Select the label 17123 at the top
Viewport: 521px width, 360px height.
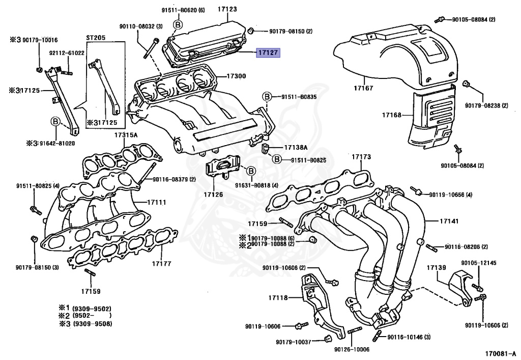click(x=227, y=9)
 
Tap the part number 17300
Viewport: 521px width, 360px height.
click(x=236, y=76)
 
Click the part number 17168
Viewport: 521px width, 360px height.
click(x=392, y=115)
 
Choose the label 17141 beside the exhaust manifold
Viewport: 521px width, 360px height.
click(x=435, y=221)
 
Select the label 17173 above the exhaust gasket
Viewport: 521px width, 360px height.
click(x=362, y=158)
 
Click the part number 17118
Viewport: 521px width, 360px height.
click(x=278, y=297)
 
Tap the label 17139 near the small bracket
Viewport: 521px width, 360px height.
click(x=436, y=267)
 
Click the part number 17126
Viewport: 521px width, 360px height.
click(x=213, y=194)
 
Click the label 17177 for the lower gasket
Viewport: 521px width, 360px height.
click(x=161, y=264)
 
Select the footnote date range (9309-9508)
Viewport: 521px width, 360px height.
click(x=92, y=324)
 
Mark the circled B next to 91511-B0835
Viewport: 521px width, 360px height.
click(x=266, y=96)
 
